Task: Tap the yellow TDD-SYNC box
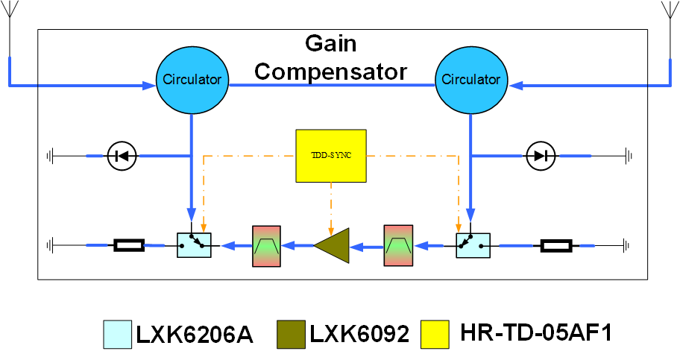[x=332, y=156]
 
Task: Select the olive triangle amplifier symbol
[x=331, y=244]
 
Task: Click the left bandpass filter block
[x=265, y=244]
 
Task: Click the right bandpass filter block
[x=397, y=244]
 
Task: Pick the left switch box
[x=194, y=244]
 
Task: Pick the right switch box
[x=471, y=244]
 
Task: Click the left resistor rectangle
[x=128, y=244]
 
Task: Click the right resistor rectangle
[x=555, y=244]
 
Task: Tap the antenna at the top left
[x=10, y=19]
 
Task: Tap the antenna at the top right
[x=667, y=19]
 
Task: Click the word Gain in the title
[x=331, y=44]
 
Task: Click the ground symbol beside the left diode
[x=51, y=157]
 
